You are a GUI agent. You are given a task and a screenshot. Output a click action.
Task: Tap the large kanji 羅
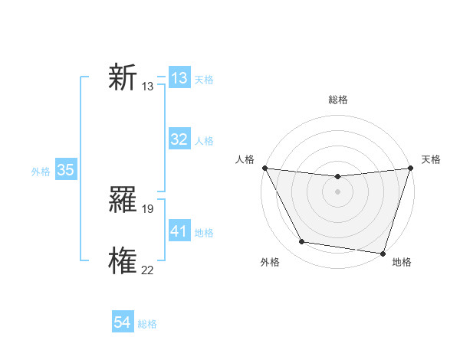[123, 201]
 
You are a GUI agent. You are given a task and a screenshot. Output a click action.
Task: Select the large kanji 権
[123, 261]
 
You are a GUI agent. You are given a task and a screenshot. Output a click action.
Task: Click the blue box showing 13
[179, 78]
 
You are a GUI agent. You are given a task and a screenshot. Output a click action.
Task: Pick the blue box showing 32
[179, 139]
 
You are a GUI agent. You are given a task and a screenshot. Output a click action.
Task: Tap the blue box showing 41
[179, 231]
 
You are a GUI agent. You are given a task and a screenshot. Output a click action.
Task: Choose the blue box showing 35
[66, 170]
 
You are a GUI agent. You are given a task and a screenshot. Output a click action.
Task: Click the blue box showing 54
[123, 322]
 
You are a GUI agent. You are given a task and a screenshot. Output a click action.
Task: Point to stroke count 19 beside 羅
[148, 208]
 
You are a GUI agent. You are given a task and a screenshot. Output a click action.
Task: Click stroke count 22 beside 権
[148, 269]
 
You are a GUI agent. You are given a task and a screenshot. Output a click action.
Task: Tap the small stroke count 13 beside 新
[148, 87]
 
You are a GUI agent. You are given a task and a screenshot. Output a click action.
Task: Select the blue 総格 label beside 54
[147, 324]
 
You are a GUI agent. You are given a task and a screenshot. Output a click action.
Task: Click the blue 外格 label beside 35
[41, 172]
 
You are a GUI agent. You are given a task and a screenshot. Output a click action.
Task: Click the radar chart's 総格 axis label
[338, 100]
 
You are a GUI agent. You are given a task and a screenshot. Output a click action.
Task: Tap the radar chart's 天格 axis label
[431, 159]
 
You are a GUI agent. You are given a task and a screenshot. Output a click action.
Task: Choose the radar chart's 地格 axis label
[402, 263]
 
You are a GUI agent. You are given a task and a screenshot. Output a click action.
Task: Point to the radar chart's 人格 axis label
[245, 159]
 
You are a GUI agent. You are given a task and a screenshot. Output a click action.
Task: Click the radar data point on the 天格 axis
[411, 168]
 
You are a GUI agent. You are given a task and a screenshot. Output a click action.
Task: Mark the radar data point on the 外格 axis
[302, 242]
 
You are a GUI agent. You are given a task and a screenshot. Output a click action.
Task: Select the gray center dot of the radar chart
[337, 191]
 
